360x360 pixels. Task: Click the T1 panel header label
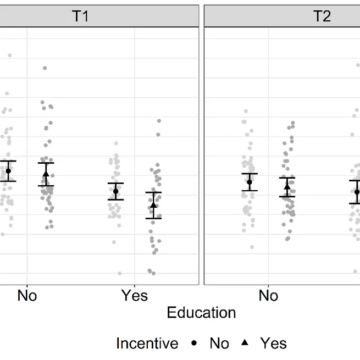tap(80, 16)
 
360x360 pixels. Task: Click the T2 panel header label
tap(322, 16)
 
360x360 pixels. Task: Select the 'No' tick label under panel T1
tap(27, 296)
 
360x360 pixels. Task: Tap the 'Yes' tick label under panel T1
tap(134, 296)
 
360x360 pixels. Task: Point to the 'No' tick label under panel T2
tap(268, 296)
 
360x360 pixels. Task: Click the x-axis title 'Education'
tap(201, 313)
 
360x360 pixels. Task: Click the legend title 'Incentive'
tap(147, 344)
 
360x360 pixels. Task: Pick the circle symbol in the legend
tap(194, 343)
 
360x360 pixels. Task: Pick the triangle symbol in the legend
tap(245, 343)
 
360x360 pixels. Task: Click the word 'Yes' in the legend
tap(273, 344)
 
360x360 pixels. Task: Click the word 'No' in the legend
tap(219, 344)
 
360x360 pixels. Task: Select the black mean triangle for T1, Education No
tap(46, 174)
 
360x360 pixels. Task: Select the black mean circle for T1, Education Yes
tap(115, 191)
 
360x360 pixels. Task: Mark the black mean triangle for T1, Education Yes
tap(153, 205)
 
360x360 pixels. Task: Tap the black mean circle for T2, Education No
tap(250, 182)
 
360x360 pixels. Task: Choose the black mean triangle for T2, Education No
tap(287, 187)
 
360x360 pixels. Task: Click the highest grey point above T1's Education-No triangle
tap(45, 68)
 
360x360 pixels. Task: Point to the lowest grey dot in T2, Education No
tap(252, 247)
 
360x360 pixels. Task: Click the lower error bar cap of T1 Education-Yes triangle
tap(153, 218)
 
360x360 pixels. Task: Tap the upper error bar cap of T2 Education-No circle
tap(250, 174)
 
